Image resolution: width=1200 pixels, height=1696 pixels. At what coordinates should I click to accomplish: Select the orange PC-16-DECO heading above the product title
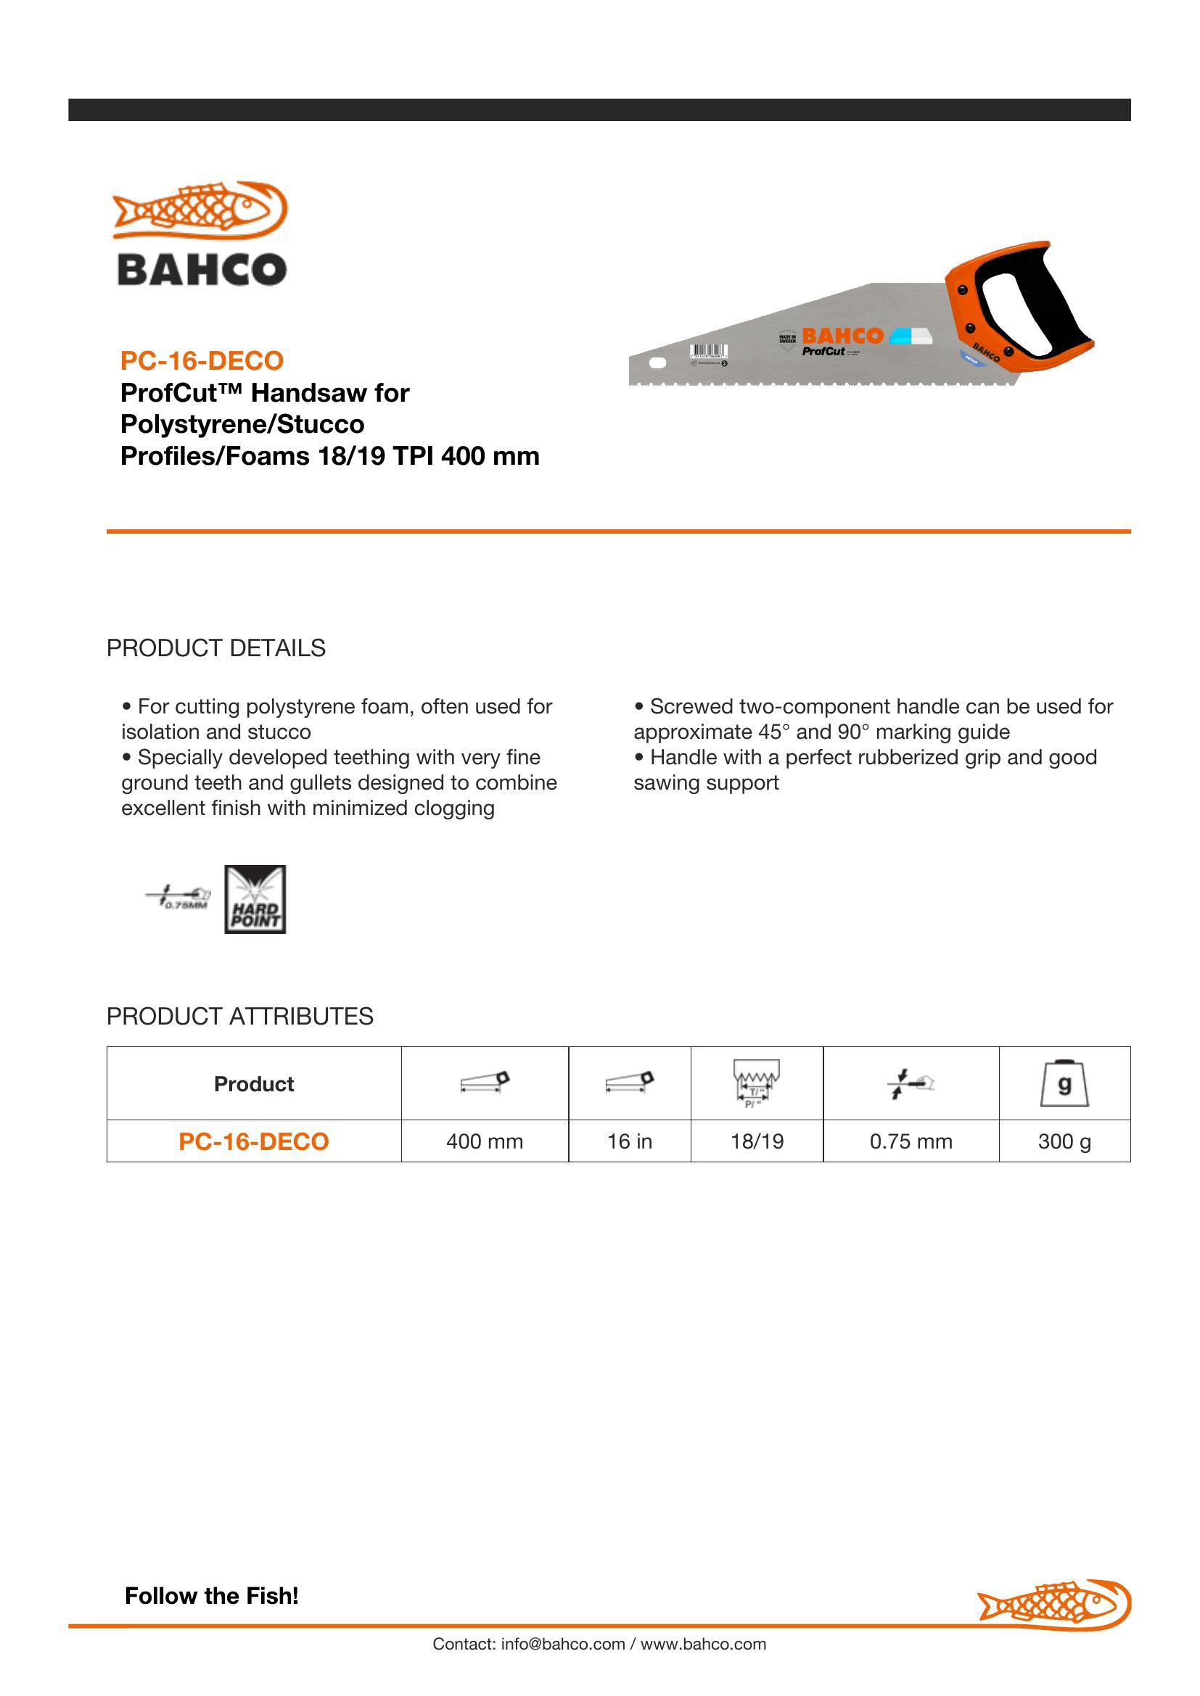(x=202, y=360)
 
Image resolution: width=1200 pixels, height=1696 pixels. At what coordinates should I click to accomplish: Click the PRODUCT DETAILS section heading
(x=215, y=648)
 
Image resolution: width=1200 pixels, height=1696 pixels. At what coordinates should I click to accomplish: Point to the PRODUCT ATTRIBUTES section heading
(x=239, y=1017)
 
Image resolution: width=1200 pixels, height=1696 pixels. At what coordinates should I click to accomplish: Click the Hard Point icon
(x=255, y=899)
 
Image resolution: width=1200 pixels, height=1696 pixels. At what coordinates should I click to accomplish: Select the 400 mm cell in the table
(x=485, y=1141)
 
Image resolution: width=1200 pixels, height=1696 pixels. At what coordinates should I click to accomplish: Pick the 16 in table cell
(x=630, y=1141)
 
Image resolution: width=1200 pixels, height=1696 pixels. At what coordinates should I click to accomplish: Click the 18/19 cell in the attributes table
(x=757, y=1141)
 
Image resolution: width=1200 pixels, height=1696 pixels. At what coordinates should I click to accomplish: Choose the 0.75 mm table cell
(x=911, y=1141)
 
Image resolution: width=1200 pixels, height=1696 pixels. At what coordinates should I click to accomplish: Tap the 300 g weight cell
(x=1064, y=1141)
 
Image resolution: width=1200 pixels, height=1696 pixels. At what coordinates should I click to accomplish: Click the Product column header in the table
(x=253, y=1083)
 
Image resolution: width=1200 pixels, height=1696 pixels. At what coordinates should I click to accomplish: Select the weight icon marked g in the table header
(x=1064, y=1083)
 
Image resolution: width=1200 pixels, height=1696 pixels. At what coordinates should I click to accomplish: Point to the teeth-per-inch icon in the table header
(x=757, y=1083)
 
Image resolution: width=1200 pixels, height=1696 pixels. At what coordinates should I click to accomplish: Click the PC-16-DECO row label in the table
(x=253, y=1141)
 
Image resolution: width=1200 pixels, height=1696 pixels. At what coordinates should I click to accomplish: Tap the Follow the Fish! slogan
(x=211, y=1595)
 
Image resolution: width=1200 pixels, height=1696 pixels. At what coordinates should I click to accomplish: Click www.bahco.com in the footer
(x=704, y=1645)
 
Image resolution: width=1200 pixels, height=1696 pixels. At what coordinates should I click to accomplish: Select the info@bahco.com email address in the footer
(x=563, y=1645)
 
